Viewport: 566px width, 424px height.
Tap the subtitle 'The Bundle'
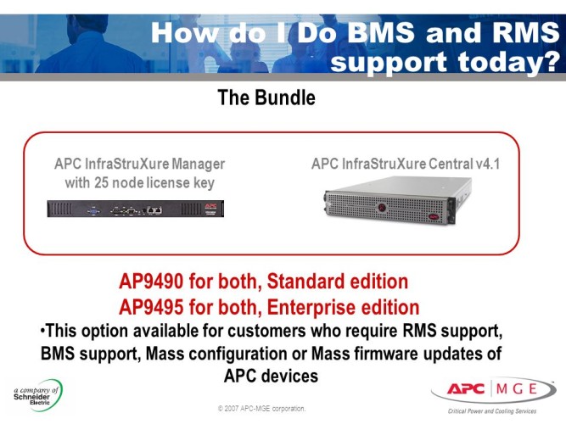266,98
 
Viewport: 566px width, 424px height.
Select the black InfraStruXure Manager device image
135,208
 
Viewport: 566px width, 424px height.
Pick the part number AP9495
156,305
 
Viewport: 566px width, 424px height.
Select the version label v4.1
485,164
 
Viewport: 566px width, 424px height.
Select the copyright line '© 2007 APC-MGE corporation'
261,409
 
